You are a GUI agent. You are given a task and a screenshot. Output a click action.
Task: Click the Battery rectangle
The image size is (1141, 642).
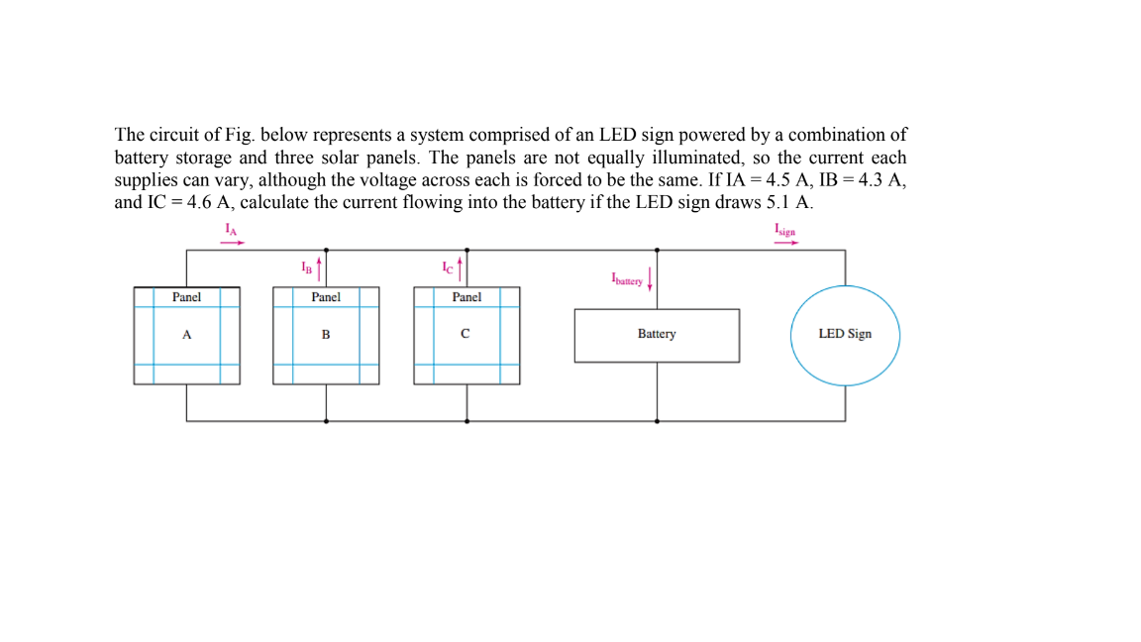[657, 335]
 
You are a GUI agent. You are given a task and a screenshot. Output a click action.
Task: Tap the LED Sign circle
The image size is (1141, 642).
[845, 335]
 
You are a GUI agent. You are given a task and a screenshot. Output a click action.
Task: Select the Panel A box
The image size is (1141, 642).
[187, 335]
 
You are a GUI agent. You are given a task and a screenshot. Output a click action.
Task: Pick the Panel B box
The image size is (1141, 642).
[326, 335]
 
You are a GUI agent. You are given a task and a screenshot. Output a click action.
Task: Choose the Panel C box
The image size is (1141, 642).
[467, 335]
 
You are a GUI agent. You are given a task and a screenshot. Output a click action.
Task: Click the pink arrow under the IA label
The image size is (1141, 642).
[232, 241]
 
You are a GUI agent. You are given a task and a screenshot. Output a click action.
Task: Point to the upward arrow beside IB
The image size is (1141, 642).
[319, 267]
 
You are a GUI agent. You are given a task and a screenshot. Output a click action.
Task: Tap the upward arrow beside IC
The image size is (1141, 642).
[461, 267]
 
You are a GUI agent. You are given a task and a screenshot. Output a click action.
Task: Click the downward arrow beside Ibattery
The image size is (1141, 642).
[650, 281]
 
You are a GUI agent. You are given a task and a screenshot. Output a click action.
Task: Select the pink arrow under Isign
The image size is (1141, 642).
[786, 242]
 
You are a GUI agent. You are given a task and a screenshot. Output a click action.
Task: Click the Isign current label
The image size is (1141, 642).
[785, 231]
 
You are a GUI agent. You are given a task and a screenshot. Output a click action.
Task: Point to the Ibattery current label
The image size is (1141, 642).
[627, 279]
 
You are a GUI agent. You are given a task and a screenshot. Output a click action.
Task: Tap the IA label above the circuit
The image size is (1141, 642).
[231, 229]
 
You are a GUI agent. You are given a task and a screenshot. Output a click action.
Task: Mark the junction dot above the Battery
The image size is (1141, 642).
[657, 250]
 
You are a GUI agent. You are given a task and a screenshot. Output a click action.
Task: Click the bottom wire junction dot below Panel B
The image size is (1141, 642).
[326, 421]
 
